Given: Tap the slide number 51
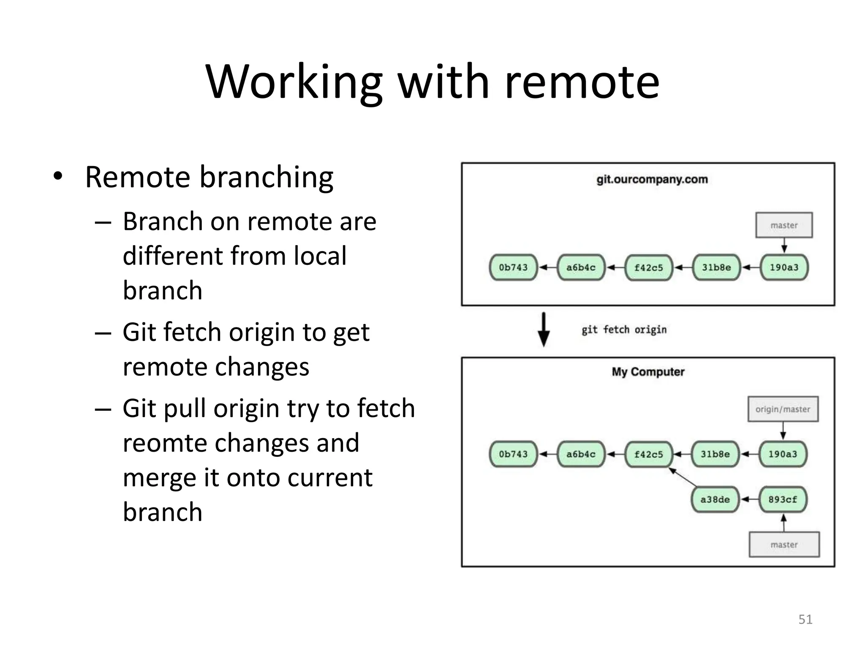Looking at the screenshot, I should pyautogui.click(x=805, y=619).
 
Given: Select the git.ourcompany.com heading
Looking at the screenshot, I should pyautogui.click(x=652, y=180).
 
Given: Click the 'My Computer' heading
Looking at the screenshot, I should pyautogui.click(x=648, y=372).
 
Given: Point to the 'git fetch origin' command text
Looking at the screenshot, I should pyautogui.click(x=624, y=330).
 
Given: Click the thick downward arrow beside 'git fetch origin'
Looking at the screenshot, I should pyautogui.click(x=544, y=330).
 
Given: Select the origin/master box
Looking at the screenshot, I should pyautogui.click(x=783, y=409).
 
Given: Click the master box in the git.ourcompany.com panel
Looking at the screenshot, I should pyautogui.click(x=784, y=225).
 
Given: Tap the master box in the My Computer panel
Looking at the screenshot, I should pyautogui.click(x=784, y=545).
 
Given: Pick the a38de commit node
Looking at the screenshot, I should pyautogui.click(x=715, y=499).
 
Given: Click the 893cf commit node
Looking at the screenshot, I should pyautogui.click(x=783, y=499).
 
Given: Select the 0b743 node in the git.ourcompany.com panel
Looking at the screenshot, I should pyautogui.click(x=513, y=267).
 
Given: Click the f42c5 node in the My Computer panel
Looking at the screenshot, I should pyautogui.click(x=648, y=454).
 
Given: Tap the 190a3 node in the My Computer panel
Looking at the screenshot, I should pyautogui.click(x=783, y=454).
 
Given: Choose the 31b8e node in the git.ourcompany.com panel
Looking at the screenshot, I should pyautogui.click(x=716, y=267).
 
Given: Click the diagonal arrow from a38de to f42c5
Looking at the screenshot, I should pyautogui.click(x=683, y=477).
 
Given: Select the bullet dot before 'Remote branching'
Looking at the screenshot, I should pyautogui.click(x=58, y=176).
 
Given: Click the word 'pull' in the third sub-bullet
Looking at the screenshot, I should pyautogui.click(x=185, y=409).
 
